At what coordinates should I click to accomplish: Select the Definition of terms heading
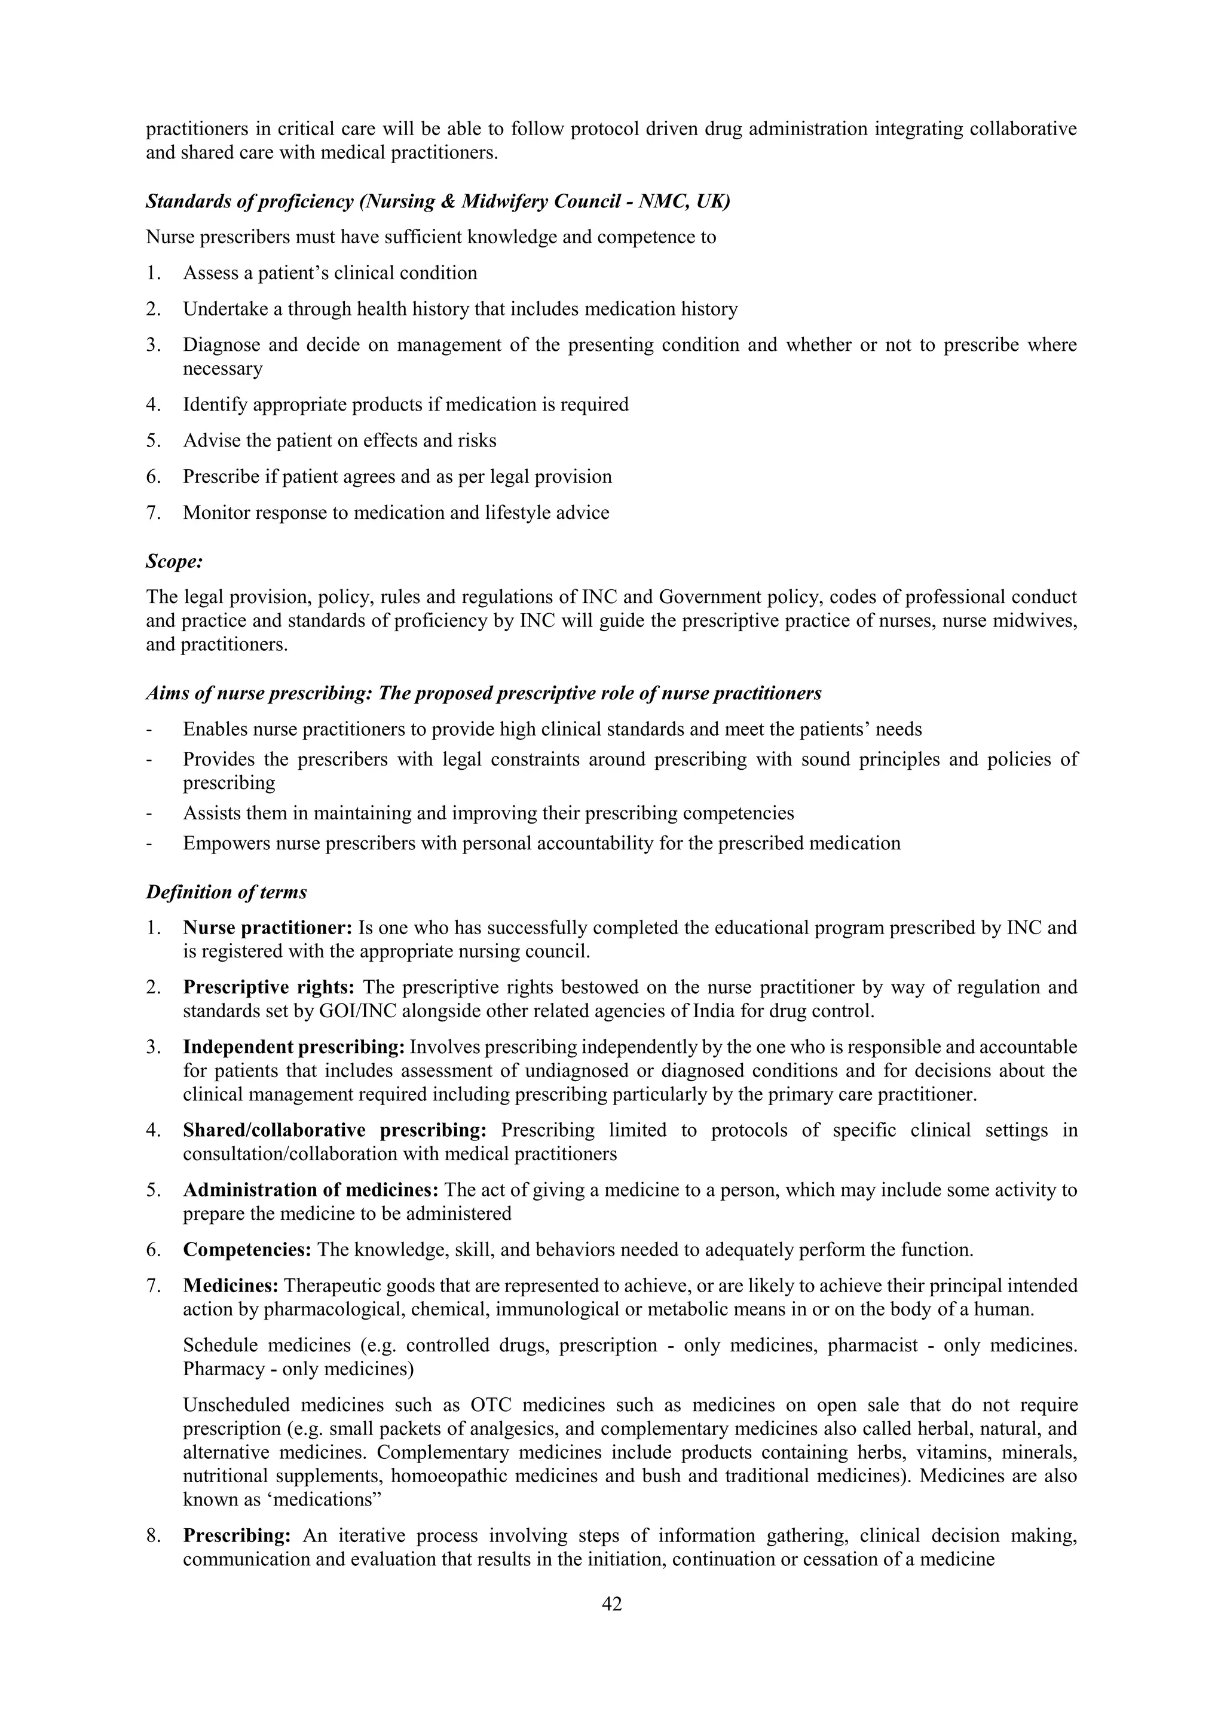227,892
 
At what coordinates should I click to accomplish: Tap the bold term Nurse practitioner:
268,928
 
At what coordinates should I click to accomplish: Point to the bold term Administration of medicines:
311,1189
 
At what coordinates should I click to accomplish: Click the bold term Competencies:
247,1250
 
